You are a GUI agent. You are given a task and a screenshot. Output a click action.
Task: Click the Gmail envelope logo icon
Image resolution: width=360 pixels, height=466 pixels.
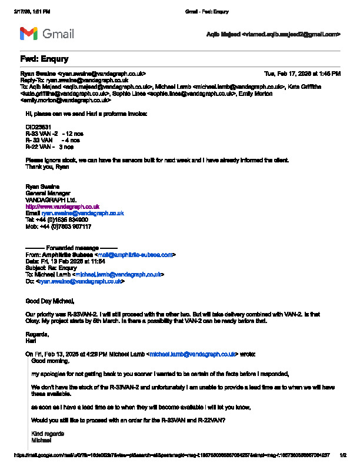click(29, 34)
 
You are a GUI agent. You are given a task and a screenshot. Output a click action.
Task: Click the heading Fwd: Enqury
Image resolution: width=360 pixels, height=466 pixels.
click(44, 59)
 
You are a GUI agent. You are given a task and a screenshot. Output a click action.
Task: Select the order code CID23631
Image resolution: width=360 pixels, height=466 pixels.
click(38, 127)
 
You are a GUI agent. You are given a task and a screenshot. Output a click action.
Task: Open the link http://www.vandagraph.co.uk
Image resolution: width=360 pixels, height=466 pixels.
click(62, 207)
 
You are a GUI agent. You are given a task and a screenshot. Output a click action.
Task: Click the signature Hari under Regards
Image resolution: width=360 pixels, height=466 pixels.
click(31, 341)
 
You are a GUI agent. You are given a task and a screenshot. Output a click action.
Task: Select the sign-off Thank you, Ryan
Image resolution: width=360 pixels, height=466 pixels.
click(48, 167)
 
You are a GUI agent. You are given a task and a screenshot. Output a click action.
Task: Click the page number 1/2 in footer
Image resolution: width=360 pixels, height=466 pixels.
click(343, 455)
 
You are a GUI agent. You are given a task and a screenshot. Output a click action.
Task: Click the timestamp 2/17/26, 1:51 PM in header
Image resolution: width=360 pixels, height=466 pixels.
click(32, 11)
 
